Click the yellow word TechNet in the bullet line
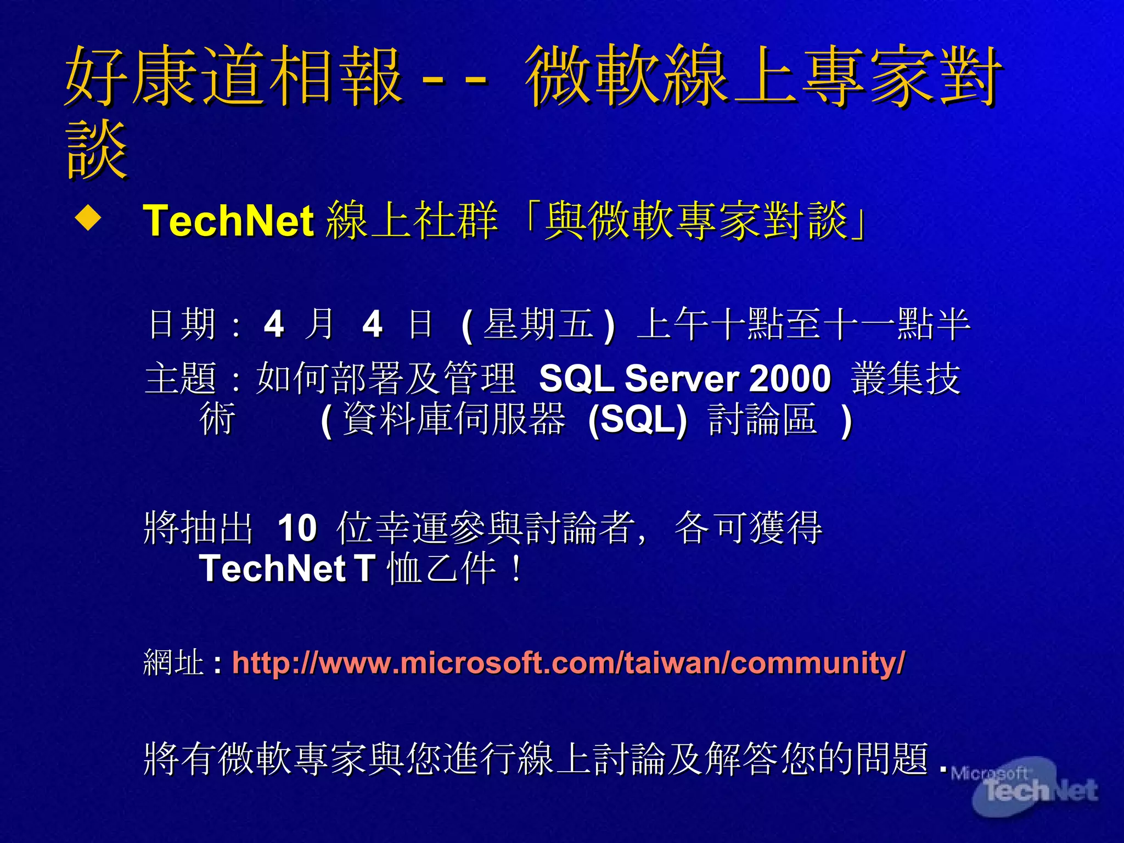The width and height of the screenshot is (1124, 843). pyautogui.click(x=228, y=221)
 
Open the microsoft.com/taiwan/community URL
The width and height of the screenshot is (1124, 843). pyautogui.click(x=568, y=662)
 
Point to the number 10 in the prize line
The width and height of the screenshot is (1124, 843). pyautogui.click(x=297, y=528)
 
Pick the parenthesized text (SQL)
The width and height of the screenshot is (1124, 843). pyautogui.click(x=637, y=420)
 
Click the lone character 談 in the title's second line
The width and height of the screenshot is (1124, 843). pyautogui.click(x=97, y=150)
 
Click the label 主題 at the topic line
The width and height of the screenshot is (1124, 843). pyautogui.click(x=181, y=379)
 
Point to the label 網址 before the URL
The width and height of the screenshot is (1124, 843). pyautogui.click(x=173, y=662)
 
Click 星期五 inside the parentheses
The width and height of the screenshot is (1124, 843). pyautogui.click(x=538, y=324)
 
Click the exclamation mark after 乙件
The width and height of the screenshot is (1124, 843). pyautogui.click(x=516, y=569)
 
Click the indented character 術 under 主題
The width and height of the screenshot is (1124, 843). pyautogui.click(x=217, y=420)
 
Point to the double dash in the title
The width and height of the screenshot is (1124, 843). pyautogui.click(x=454, y=80)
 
